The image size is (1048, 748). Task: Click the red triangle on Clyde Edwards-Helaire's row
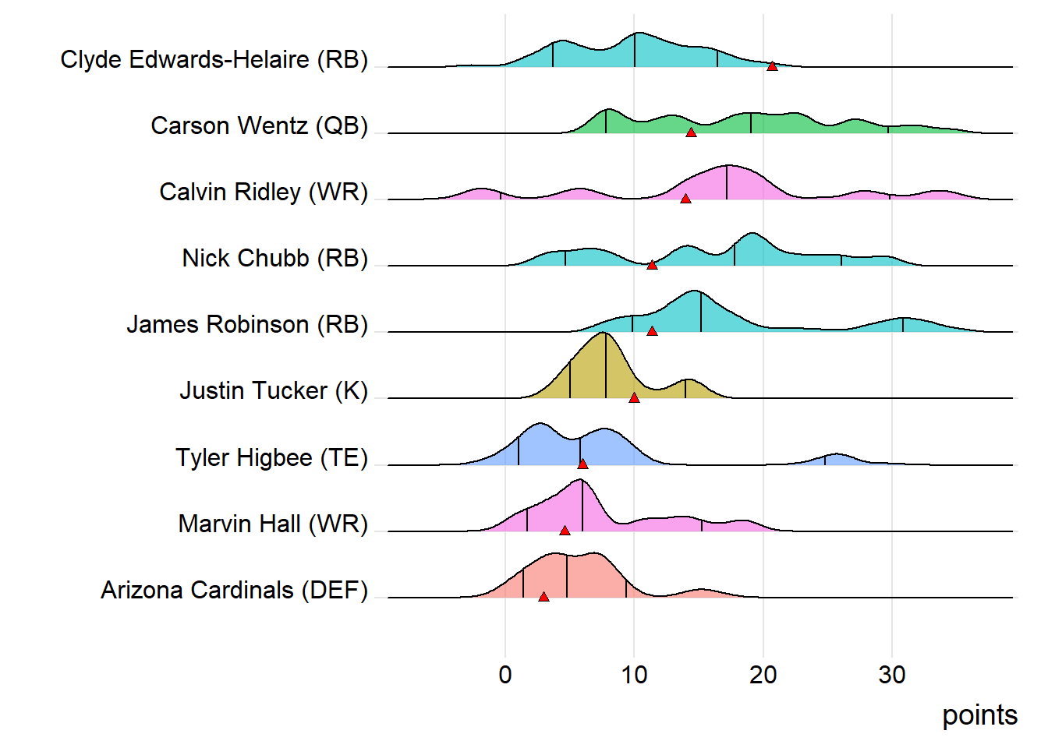point(772,66)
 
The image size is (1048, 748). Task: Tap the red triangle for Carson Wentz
point(691,132)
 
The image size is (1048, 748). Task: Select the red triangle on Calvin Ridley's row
point(685,199)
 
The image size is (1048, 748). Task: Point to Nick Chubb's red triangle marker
point(652,265)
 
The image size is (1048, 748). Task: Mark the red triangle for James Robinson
point(652,331)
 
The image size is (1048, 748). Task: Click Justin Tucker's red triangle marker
point(634,397)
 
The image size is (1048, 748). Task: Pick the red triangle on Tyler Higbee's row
point(582,464)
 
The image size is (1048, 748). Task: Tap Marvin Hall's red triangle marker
point(565,531)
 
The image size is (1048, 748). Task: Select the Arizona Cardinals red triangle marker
point(543,597)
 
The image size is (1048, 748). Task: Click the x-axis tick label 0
point(505,675)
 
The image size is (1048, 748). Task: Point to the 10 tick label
point(634,675)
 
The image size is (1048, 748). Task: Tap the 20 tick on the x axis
point(763,675)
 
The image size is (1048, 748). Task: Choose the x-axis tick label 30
point(892,675)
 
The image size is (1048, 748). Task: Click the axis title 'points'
point(979,715)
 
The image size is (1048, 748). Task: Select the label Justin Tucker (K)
point(274,390)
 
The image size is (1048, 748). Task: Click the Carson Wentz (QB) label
point(259,125)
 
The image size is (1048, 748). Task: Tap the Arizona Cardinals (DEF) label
point(234,590)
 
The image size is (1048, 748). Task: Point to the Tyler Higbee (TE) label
point(271,457)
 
